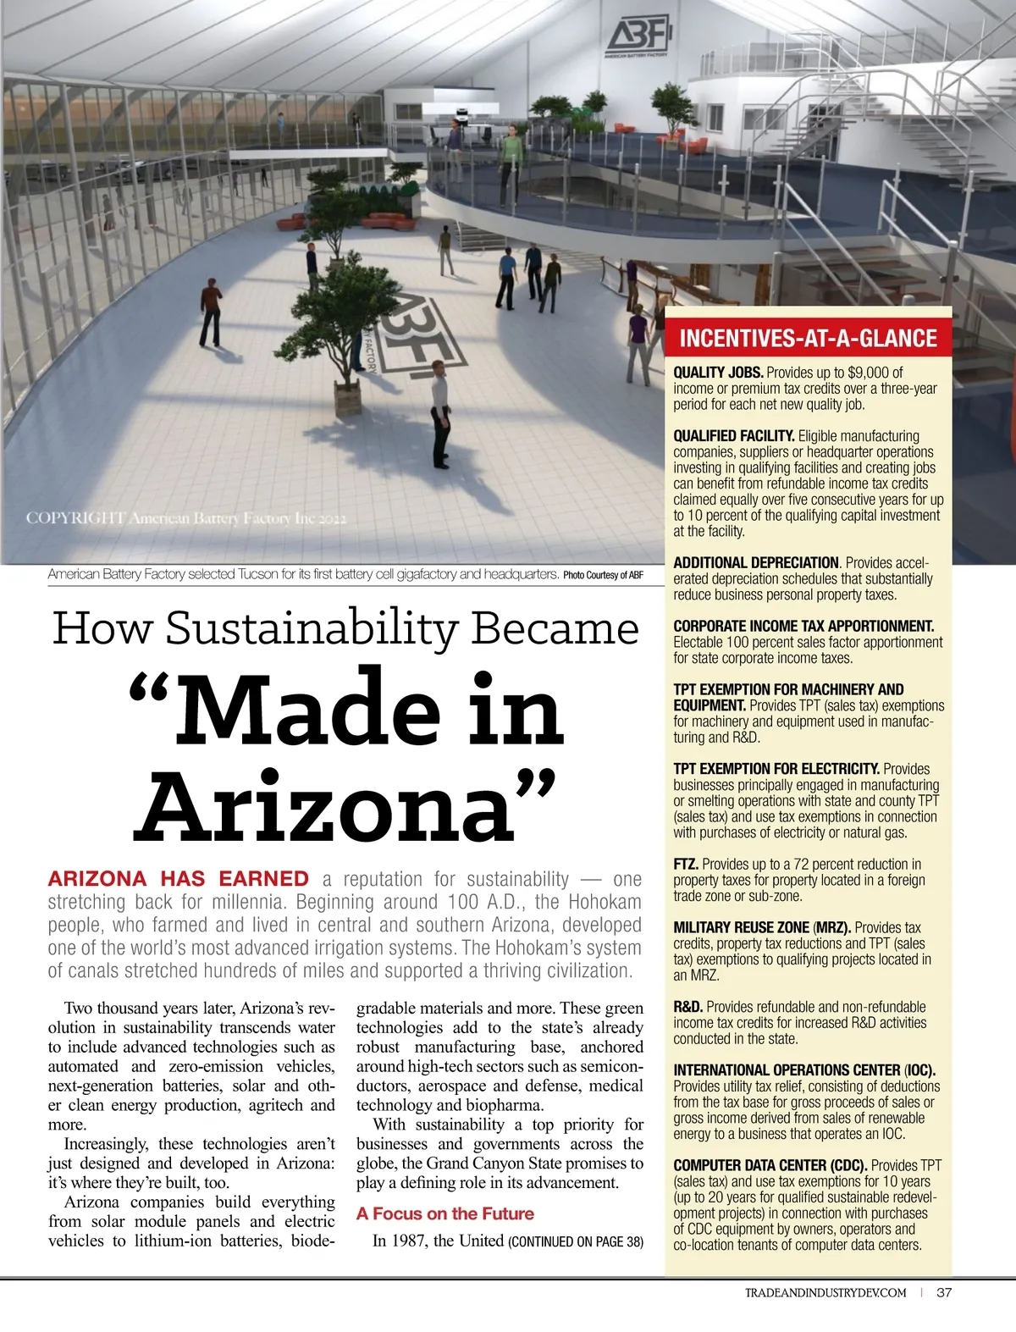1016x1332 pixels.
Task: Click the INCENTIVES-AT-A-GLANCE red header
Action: tap(808, 339)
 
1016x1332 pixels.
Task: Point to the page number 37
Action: tap(945, 1292)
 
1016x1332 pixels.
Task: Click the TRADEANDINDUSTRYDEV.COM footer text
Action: tap(825, 1292)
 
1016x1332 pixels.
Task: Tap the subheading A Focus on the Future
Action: tap(444, 1213)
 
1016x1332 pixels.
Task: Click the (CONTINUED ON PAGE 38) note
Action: tap(575, 1241)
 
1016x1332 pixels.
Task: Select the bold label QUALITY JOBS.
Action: tap(718, 373)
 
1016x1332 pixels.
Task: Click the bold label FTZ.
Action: tap(685, 865)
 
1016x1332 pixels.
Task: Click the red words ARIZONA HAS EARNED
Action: tap(178, 879)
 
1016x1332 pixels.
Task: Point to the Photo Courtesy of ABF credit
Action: tap(603, 575)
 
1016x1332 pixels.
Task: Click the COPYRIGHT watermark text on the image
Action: tap(185, 517)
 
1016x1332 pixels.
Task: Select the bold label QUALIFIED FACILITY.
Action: tap(733, 436)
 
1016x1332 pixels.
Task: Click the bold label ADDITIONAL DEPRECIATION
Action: tap(755, 563)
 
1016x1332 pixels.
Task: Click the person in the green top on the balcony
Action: tap(511, 157)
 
